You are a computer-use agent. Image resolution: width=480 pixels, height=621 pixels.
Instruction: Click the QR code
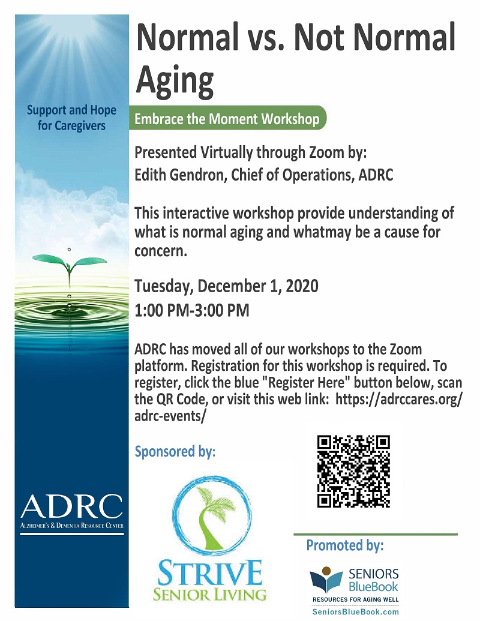(x=353, y=471)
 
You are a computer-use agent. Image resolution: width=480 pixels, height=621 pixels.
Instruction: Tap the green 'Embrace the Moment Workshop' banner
(x=227, y=118)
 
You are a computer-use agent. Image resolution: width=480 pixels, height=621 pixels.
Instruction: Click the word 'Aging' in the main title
(x=175, y=80)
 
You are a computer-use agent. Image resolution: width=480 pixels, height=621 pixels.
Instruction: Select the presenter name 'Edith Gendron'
(x=176, y=176)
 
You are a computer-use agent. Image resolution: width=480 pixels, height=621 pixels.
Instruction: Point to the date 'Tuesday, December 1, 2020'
(x=226, y=286)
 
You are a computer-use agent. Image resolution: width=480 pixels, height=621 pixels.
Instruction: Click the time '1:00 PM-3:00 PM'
(x=192, y=311)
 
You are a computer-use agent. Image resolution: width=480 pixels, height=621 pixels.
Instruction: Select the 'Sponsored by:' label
(x=175, y=451)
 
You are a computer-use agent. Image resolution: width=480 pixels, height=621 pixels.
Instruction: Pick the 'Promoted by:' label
(x=345, y=545)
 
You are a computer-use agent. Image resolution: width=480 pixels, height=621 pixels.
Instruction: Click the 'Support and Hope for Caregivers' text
(x=71, y=118)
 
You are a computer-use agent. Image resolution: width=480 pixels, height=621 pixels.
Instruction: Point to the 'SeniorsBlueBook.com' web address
(x=356, y=612)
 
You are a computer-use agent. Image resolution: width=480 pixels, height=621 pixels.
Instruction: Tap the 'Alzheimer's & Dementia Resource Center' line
(x=71, y=526)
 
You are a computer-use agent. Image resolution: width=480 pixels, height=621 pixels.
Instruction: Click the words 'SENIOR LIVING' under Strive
(x=209, y=595)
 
